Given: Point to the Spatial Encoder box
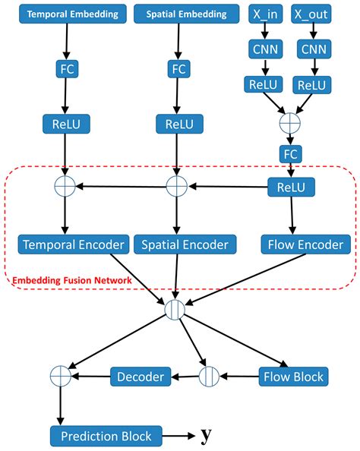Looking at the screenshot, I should (x=185, y=244).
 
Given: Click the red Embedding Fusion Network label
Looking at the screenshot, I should (x=69, y=281).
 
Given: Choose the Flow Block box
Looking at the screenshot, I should (x=292, y=376).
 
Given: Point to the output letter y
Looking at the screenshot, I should (x=206, y=436).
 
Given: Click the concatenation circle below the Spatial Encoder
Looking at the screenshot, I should (x=175, y=310).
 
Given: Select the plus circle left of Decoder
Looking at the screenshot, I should (x=59, y=376).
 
